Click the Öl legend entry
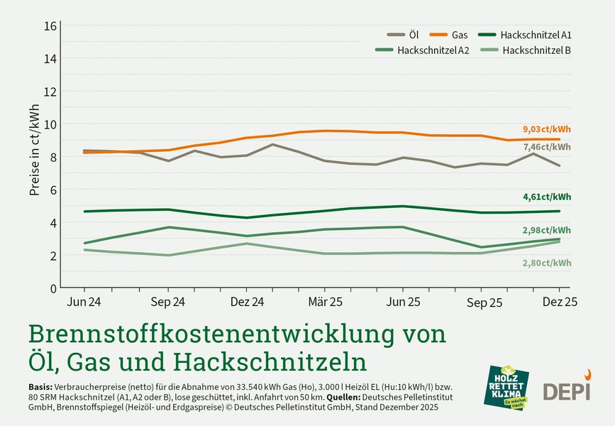tap(404, 35)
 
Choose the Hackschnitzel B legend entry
tap(525, 50)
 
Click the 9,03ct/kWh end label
tap(547, 129)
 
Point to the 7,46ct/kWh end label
tap(547, 147)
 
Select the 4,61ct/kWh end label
tap(547, 197)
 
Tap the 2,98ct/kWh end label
tap(547, 231)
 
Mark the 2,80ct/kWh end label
tap(547, 263)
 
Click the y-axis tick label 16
tap(50, 26)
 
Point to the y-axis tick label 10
tap(50, 124)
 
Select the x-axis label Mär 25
tap(325, 302)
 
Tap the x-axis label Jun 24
tap(84, 302)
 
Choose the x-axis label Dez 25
tap(559, 302)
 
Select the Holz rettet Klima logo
tap(509, 387)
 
